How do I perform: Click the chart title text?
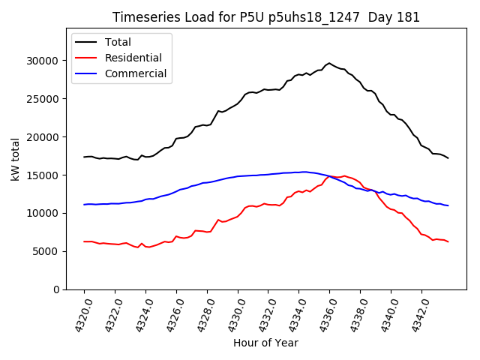point(266,17)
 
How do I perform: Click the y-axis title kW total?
point(16,160)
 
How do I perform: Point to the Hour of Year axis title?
point(265,343)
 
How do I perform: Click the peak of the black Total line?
point(329,63)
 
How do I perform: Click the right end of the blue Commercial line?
point(448,205)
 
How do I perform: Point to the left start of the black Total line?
point(84,157)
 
